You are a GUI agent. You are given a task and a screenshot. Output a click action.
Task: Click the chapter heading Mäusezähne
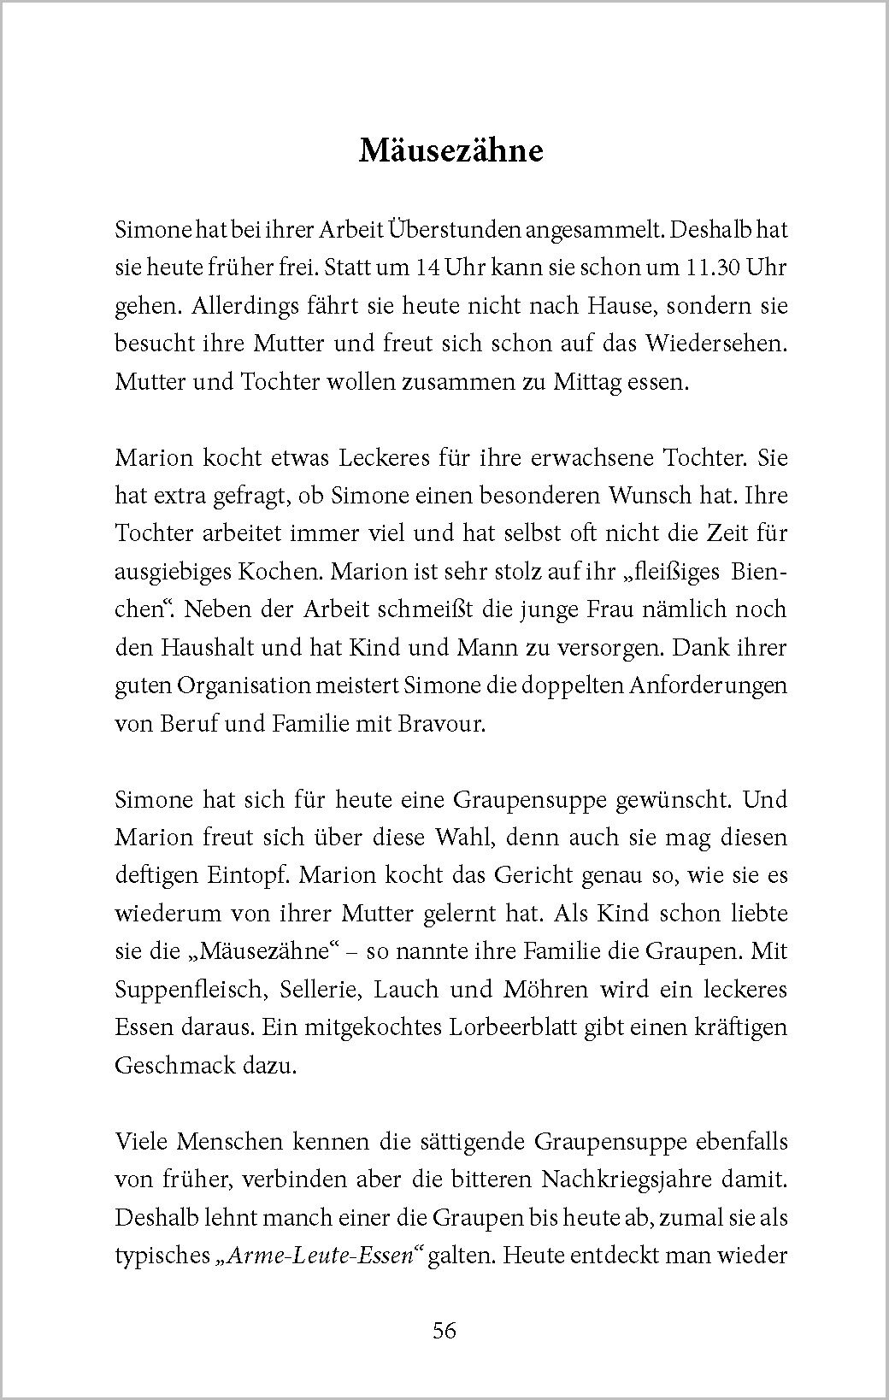pos(450,150)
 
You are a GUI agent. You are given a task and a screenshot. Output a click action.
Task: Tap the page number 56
pos(444,1331)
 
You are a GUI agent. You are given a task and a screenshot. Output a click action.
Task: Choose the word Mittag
pos(604,381)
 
